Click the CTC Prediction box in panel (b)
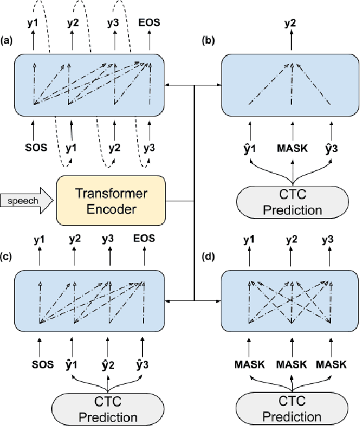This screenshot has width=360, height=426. click(x=292, y=203)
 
